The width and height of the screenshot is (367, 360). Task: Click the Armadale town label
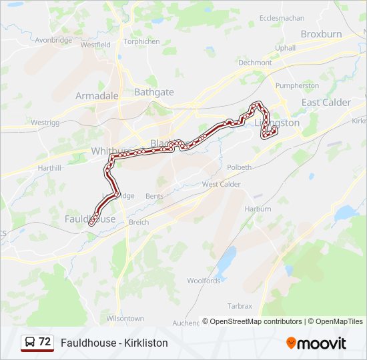click(x=97, y=95)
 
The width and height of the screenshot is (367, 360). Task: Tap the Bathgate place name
click(x=154, y=92)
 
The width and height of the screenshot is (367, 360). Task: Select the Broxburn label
click(x=321, y=33)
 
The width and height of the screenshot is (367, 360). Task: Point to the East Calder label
click(x=326, y=102)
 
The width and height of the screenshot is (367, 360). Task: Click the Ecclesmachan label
click(x=282, y=18)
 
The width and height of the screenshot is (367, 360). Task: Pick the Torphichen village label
click(x=142, y=41)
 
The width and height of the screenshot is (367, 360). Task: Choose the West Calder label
click(x=221, y=184)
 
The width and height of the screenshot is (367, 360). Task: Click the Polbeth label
click(x=239, y=167)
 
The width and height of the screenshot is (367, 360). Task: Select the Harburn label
click(x=258, y=209)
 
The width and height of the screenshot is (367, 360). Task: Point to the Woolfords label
click(x=204, y=281)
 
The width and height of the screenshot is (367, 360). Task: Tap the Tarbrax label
click(x=240, y=306)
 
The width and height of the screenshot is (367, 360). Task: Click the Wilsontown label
click(x=125, y=318)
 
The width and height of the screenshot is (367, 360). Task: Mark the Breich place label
click(x=139, y=222)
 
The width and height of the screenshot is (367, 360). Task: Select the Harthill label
click(x=50, y=167)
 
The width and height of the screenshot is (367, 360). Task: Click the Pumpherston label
click(x=297, y=86)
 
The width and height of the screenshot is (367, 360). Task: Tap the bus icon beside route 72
click(x=30, y=342)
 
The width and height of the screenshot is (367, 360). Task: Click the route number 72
click(x=45, y=342)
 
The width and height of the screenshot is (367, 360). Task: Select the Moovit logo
click(x=316, y=343)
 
